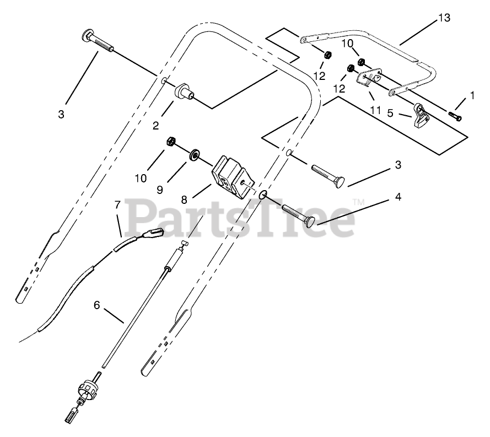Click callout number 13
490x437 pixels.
pyautogui.click(x=444, y=18)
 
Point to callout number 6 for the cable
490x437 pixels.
pyautogui.click(x=97, y=304)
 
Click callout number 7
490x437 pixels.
pyautogui.click(x=117, y=204)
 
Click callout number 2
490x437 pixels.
pyautogui.click(x=156, y=126)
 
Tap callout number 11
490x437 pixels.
pyautogui.click(x=375, y=110)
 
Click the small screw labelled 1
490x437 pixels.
pyautogui.click(x=455, y=116)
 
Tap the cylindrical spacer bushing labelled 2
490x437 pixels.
pyautogui.click(x=184, y=91)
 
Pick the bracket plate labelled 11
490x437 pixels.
pyautogui.click(x=364, y=78)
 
